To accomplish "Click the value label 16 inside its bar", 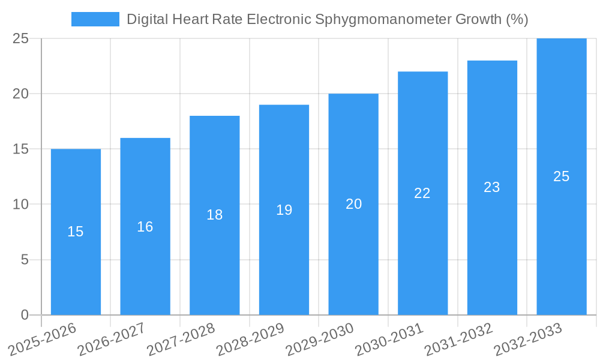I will (145, 227).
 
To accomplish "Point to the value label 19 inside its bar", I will (284, 210).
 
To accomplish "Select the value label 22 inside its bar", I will (422, 193).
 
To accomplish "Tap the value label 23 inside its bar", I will (492, 187).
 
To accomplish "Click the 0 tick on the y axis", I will (25, 315).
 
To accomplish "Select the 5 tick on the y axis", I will (25, 260).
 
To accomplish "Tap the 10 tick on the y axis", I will (21, 205).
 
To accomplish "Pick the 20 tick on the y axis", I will (21, 94).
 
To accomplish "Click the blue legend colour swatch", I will (95, 19).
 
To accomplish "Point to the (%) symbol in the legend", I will (517, 19).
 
